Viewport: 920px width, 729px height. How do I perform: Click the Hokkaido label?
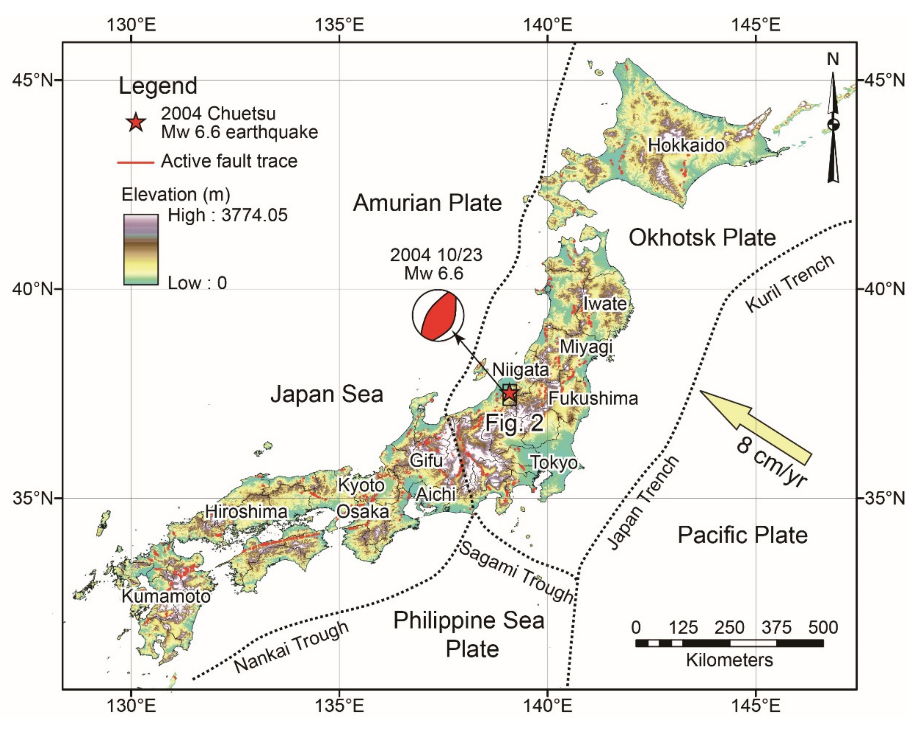pyautogui.click(x=686, y=146)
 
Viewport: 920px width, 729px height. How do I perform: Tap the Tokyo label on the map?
pyautogui.click(x=554, y=462)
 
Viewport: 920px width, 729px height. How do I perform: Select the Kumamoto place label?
pyautogui.click(x=166, y=596)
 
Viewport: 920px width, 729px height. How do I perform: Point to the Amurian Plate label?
pyautogui.click(x=427, y=203)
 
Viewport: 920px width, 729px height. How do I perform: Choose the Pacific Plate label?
pyautogui.click(x=743, y=535)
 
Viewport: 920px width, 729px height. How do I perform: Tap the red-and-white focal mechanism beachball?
pyautogui.click(x=438, y=315)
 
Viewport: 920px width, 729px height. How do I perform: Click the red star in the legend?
pyautogui.click(x=136, y=123)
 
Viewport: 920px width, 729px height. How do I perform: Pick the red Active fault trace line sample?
pyautogui.click(x=136, y=162)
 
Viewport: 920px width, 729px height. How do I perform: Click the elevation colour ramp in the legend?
pyautogui.click(x=141, y=249)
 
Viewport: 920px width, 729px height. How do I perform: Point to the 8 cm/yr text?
pyautogui.click(x=772, y=463)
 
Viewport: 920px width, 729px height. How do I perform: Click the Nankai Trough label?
pyautogui.click(x=291, y=647)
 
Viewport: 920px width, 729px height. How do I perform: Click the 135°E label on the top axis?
pyautogui.click(x=339, y=25)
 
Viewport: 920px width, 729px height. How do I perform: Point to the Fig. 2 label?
pyautogui.click(x=514, y=423)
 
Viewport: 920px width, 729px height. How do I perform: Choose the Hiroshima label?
pyautogui.click(x=246, y=512)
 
